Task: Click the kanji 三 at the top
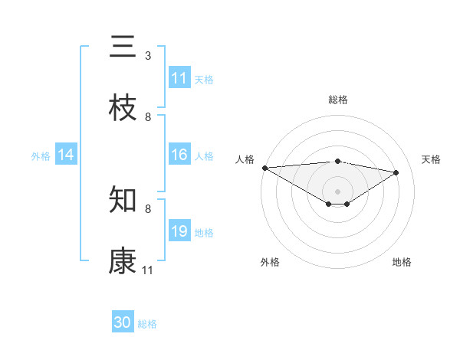coord(123,47)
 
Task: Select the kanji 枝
coord(123,110)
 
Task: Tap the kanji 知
coord(123,201)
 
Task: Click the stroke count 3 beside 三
coord(148,56)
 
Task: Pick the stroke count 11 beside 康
coord(148,270)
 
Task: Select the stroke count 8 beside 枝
coord(148,116)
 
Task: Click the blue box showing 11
coord(179,78)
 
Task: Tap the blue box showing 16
coord(179,155)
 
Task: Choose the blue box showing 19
coord(179,231)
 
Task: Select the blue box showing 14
coord(66,155)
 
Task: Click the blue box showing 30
coord(123,322)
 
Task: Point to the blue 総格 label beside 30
coord(147,324)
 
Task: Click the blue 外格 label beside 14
coord(41,155)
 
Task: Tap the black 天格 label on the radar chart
coord(432,159)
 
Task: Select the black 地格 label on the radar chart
coord(402,262)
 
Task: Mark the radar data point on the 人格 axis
coord(264,168)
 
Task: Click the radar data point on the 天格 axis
coord(396,172)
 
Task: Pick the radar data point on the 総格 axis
coord(337,161)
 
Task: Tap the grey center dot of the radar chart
coord(337,191)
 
